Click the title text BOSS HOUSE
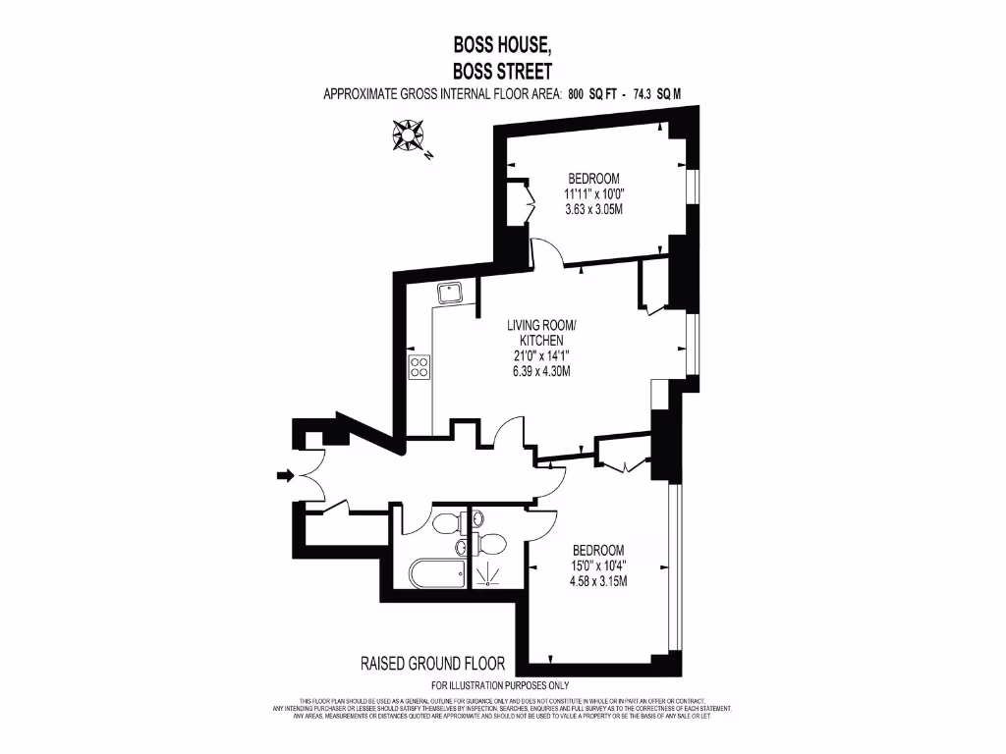(502, 44)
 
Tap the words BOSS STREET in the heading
(502, 71)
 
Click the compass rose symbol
(406, 135)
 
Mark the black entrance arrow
(285, 476)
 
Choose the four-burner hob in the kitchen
(419, 367)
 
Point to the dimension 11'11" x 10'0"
(594, 193)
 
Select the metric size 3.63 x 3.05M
(594, 209)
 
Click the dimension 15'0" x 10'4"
(597, 565)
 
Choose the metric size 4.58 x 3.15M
(597, 580)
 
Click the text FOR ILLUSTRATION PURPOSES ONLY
(500, 685)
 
